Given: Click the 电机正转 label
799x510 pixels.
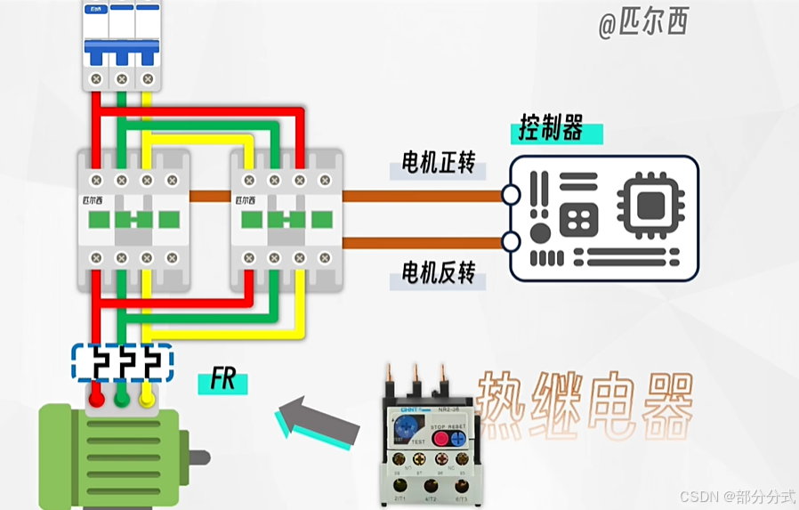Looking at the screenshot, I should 439,164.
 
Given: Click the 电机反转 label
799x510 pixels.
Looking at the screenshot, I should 439,273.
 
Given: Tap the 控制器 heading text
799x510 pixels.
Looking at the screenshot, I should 552,130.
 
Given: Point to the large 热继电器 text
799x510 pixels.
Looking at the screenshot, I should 585,405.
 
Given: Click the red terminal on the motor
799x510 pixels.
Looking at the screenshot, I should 96,399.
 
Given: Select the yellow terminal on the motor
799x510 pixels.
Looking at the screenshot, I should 147,399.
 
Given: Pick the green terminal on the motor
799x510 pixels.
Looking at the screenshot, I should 122,399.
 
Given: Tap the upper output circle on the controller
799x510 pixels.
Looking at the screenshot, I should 511,195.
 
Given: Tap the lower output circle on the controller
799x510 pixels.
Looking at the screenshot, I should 511,240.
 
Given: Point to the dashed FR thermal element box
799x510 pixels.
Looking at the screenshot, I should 122,362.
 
